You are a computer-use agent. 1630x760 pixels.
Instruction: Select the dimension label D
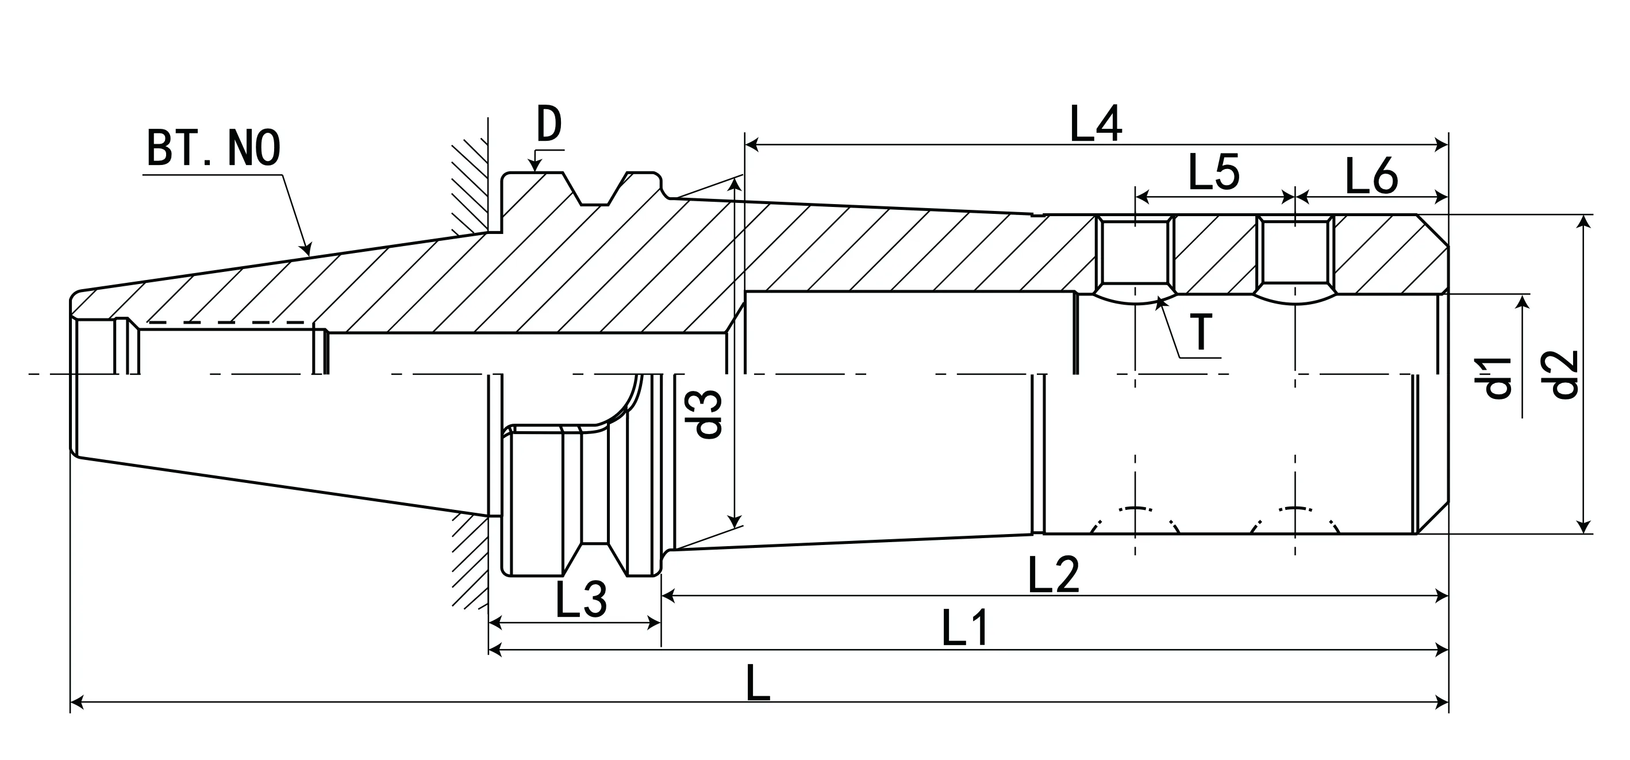[x=549, y=125]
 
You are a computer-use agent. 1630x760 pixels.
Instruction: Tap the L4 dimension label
[x=1095, y=125]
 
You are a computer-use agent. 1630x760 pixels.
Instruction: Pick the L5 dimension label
[x=1213, y=173]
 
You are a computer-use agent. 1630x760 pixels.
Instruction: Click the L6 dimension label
[x=1371, y=177]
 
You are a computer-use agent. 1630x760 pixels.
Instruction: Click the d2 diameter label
[x=1566, y=375]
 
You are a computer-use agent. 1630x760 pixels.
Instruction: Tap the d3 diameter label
[x=708, y=414]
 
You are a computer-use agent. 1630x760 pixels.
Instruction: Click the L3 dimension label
[x=581, y=599]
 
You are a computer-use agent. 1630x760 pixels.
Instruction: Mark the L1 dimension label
[x=965, y=628]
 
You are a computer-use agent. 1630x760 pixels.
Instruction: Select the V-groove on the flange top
[x=595, y=194]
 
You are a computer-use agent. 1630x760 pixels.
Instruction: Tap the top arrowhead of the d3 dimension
[x=735, y=184]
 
